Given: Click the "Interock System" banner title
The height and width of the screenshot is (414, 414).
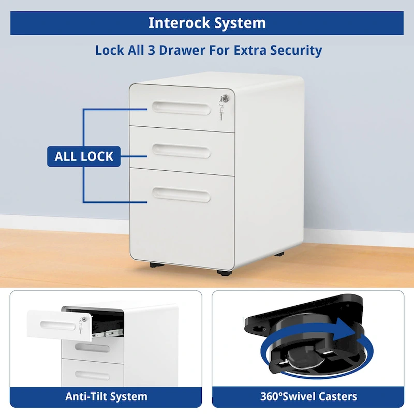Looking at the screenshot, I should (x=207, y=23).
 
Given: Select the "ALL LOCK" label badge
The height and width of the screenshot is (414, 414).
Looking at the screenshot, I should (x=84, y=156).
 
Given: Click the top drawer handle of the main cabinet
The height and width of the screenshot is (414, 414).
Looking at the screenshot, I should (x=181, y=107).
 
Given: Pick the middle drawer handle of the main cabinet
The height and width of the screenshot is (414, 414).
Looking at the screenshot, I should (x=181, y=151).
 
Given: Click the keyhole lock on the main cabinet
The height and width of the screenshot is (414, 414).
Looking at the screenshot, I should (x=224, y=98).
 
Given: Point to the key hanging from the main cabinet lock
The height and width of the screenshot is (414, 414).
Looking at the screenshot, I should (x=222, y=111).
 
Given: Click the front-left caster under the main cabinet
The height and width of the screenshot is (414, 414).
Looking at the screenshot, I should (x=155, y=264).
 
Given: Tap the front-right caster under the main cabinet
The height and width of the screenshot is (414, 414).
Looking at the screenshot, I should (x=223, y=271).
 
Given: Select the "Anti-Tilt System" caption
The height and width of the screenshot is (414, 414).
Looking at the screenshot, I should (x=106, y=397).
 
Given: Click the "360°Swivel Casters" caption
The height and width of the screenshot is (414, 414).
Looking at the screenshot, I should (x=308, y=397).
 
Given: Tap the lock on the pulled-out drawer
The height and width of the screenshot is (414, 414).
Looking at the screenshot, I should (x=82, y=322).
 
